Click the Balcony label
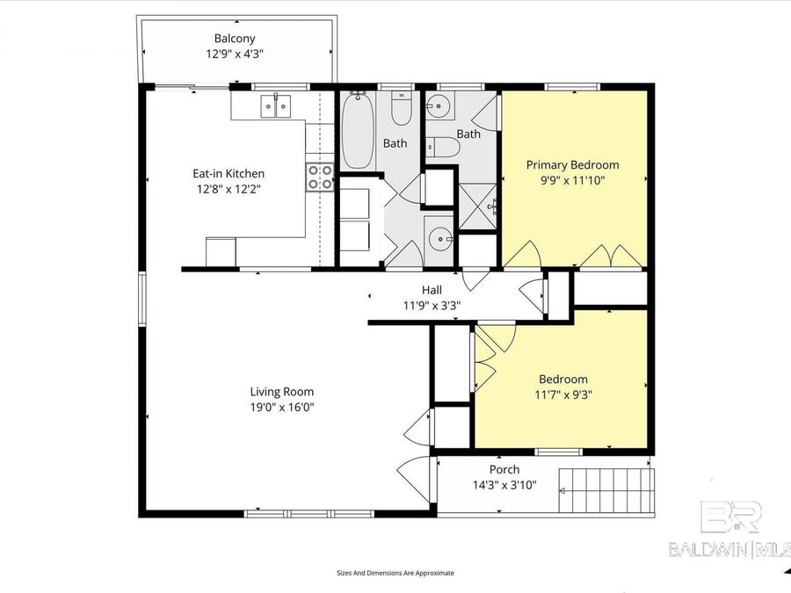[235, 39]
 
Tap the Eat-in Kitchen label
[229, 174]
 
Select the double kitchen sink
[275, 106]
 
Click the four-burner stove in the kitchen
[320, 177]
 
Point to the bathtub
[357, 132]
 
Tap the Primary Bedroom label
[572, 165]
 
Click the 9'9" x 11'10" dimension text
[572, 180]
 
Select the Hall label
[432, 290]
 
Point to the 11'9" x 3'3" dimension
[432, 306]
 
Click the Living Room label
[281, 392]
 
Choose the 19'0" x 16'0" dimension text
[281, 407]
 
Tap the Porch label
[504, 470]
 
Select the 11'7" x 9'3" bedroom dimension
[562, 394]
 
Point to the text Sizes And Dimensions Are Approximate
[395, 573]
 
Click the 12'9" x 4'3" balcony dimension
[235, 54]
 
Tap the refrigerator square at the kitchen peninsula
[221, 251]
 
